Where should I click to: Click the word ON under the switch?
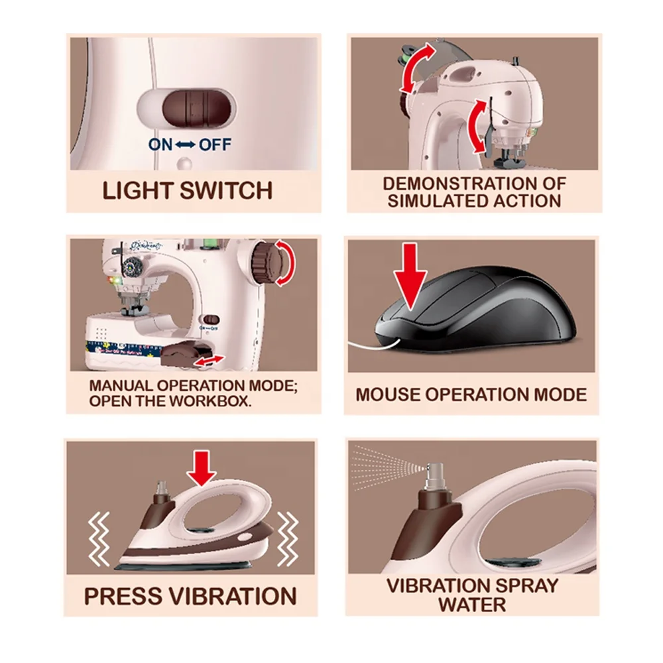[x=160, y=145]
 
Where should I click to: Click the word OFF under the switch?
[x=215, y=145]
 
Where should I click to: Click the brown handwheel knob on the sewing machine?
[x=263, y=262]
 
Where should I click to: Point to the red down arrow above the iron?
[x=202, y=468]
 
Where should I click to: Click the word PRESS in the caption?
[x=122, y=596]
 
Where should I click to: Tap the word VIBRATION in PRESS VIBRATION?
[x=233, y=596]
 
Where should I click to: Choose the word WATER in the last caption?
[x=472, y=604]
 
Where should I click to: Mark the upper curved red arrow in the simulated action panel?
[x=417, y=68]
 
